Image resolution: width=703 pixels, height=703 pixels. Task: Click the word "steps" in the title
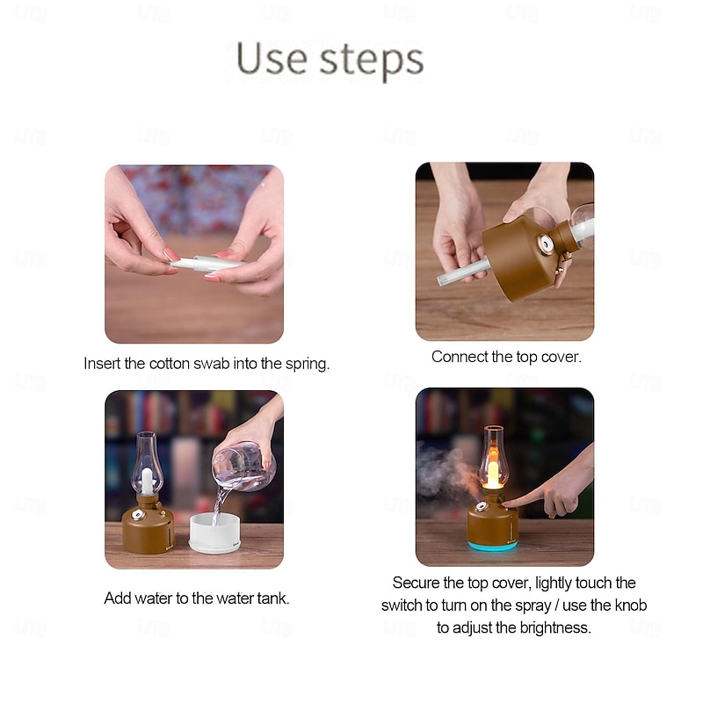pos(372,62)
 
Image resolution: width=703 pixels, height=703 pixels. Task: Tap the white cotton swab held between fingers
pos(207,263)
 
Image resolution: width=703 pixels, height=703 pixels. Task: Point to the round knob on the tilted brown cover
pos(546,245)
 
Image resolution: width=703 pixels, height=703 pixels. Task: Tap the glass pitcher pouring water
pos(244,467)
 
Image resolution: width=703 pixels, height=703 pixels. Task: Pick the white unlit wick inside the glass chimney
pos(147,481)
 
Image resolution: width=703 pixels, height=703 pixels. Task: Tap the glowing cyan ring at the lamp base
pos(493,545)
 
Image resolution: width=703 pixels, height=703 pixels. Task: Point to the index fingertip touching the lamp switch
pos(505,504)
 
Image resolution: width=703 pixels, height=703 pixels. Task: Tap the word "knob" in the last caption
pos(631,605)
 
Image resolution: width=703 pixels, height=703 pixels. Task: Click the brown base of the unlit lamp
pos(148,529)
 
